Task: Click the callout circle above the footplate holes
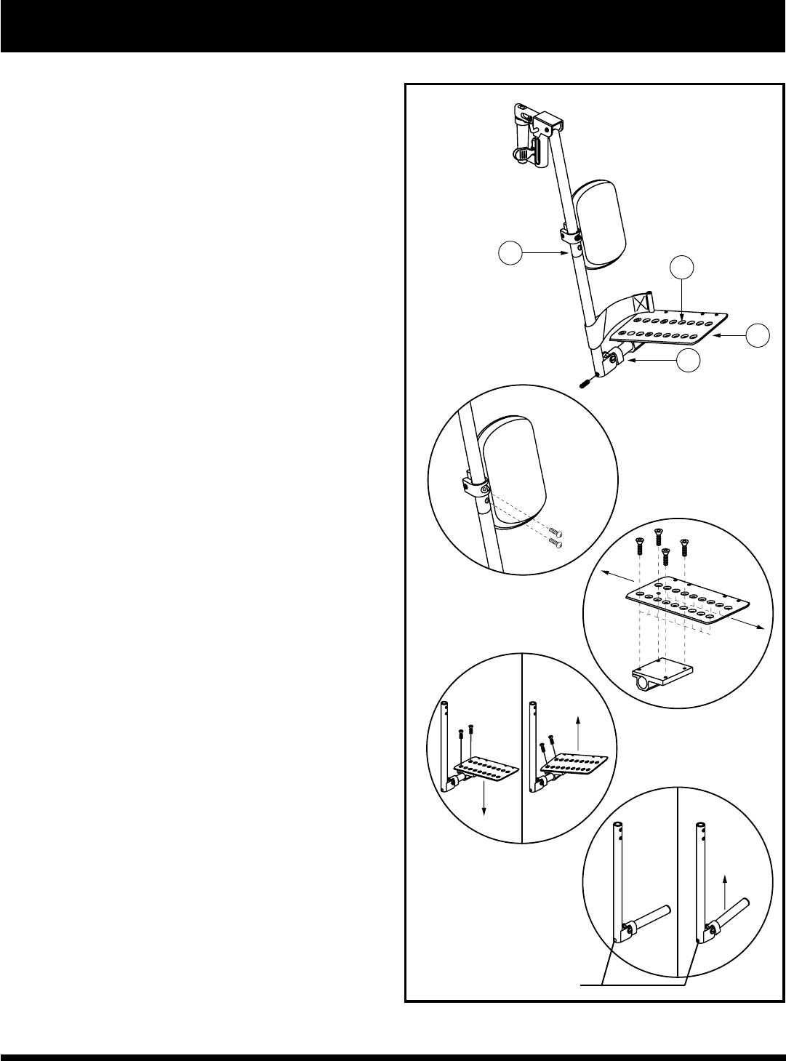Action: (681, 267)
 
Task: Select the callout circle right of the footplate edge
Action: (759, 335)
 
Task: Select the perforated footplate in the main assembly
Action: (669, 327)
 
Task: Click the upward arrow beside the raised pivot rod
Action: (725, 891)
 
